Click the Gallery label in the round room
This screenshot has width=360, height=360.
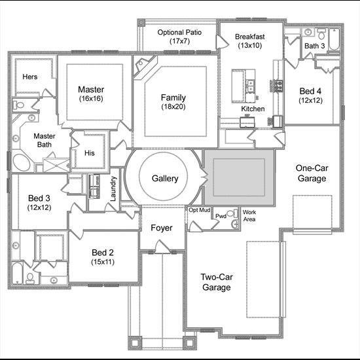click(x=165, y=179)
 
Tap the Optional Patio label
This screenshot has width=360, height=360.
click(x=179, y=32)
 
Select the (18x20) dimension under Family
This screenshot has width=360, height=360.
click(x=173, y=107)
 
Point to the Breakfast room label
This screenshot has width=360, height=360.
click(x=250, y=37)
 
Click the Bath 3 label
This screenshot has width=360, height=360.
click(x=315, y=46)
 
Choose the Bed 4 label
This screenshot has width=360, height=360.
click(x=310, y=91)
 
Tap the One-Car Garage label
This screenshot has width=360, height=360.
click(x=312, y=173)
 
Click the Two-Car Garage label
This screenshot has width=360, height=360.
click(x=217, y=282)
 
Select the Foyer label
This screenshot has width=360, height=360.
click(x=162, y=228)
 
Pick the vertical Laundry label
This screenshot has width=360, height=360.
click(x=113, y=189)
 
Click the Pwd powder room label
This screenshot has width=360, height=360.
click(x=221, y=216)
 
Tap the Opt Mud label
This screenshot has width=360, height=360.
click(x=199, y=210)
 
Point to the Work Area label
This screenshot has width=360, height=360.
click(x=249, y=215)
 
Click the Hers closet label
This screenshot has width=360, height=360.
click(x=30, y=77)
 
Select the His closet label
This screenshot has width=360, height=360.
click(x=89, y=153)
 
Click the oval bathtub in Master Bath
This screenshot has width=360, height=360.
click(x=22, y=162)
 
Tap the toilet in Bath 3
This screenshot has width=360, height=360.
click(x=322, y=34)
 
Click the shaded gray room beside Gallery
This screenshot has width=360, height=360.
click(x=239, y=177)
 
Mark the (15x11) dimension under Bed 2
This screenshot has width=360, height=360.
click(x=103, y=262)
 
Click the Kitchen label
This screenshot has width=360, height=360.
click(x=253, y=109)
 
